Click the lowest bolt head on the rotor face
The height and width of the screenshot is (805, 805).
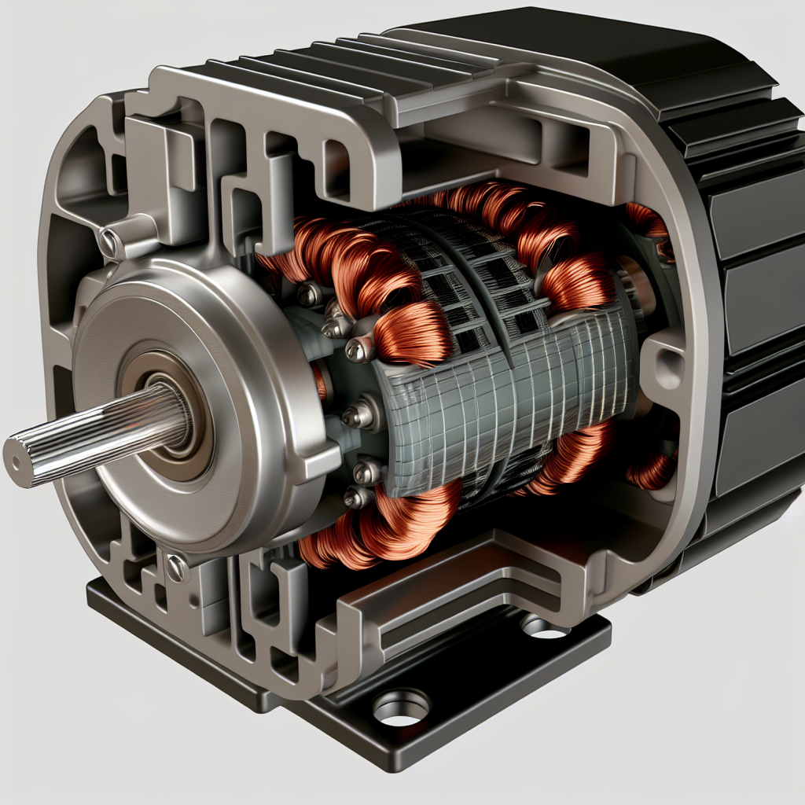(x=357, y=498)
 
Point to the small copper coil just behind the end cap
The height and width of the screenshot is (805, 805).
(x=320, y=382)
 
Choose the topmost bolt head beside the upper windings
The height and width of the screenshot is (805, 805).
(x=309, y=295)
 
